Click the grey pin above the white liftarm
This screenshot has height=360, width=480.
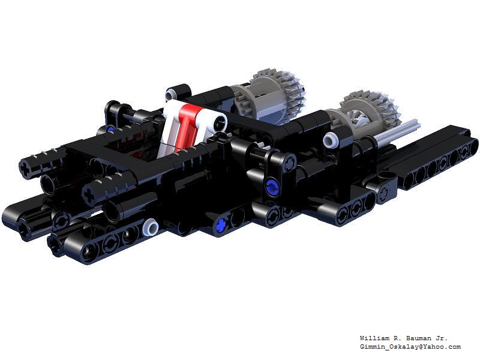pyautogui.click(x=173, y=94)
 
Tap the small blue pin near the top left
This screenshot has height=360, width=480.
pyautogui.click(x=112, y=128)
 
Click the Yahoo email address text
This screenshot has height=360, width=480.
pyautogui.click(x=410, y=347)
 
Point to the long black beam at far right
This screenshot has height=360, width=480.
pyautogui.click(x=438, y=156)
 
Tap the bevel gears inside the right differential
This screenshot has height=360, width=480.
pyautogui.click(x=362, y=117)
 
